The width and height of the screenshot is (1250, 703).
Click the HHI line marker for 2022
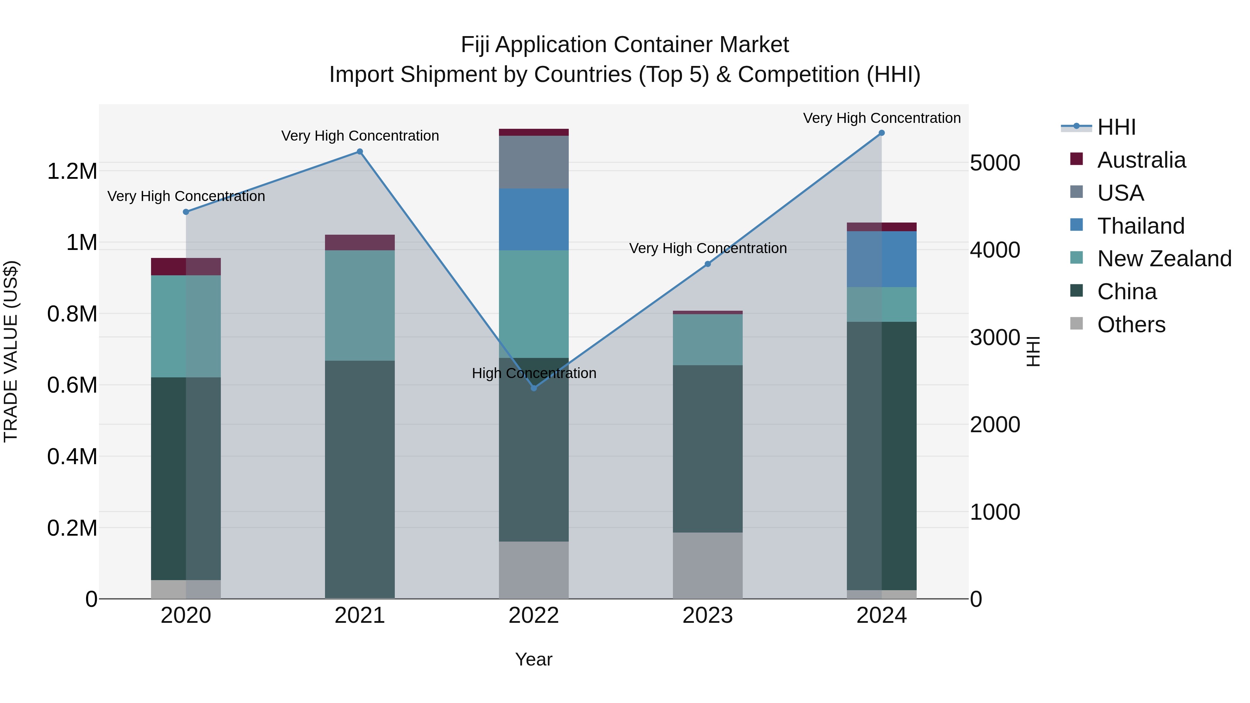(534, 388)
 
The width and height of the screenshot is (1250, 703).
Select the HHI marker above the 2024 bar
(882, 133)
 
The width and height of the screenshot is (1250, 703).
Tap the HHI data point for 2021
(360, 151)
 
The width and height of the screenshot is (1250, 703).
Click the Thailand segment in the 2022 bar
(534, 219)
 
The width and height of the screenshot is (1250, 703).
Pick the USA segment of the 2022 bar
(534, 162)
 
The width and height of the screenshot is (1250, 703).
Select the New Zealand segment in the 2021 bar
(360, 305)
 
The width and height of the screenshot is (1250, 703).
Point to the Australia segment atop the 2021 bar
(360, 243)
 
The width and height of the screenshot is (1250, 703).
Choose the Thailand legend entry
(1140, 226)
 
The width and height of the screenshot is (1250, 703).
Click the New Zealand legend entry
(1164, 259)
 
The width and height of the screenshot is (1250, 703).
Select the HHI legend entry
(1116, 127)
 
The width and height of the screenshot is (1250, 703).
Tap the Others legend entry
(1131, 325)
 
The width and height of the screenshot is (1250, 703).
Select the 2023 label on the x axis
(708, 616)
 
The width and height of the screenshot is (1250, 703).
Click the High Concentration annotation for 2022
(534, 373)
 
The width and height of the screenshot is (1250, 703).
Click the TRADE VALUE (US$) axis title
(11, 351)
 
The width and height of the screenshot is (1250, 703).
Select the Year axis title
(534, 659)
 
